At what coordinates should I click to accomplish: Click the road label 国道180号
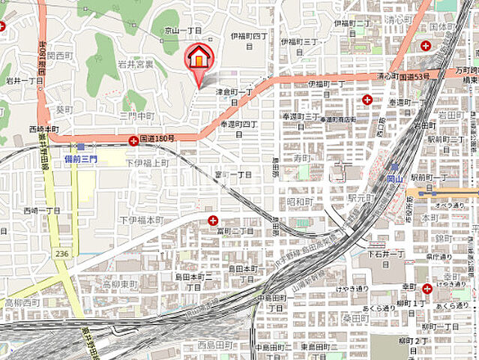pos(159,139)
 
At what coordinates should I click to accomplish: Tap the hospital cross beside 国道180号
pos(133,139)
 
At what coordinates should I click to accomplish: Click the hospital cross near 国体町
pos(426,46)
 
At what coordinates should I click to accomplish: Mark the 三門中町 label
pos(136,116)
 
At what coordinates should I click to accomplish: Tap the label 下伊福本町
pos(141,220)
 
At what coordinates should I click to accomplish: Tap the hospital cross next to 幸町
pos(427,288)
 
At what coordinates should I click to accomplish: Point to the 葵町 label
pos(64,109)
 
